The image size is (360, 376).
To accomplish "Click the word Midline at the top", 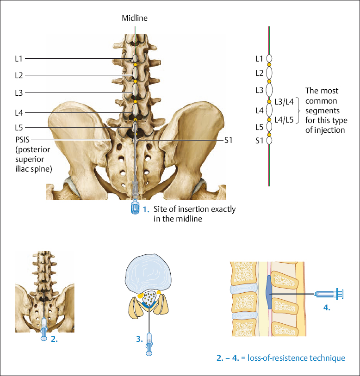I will pyautogui.click(x=135, y=18).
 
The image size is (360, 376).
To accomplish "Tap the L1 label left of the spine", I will pyautogui.click(x=19, y=59).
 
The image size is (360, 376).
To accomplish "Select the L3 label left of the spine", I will pyautogui.click(x=19, y=93).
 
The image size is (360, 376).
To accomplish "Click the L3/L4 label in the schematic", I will pyautogui.click(x=284, y=102).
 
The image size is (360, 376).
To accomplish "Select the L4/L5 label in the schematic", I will pyautogui.click(x=284, y=120).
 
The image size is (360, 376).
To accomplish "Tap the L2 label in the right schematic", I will pyautogui.click(x=259, y=73).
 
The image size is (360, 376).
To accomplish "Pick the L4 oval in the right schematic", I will pyautogui.click(x=269, y=110).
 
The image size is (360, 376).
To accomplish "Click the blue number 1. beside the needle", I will pyautogui.click(x=146, y=210).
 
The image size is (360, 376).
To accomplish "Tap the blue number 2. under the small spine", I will pyautogui.click(x=54, y=339).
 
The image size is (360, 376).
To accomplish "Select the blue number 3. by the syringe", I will pyautogui.click(x=139, y=339).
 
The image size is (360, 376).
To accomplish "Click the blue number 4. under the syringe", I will pyautogui.click(x=326, y=308).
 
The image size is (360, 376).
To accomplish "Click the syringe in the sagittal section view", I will pyautogui.click(x=328, y=293).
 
